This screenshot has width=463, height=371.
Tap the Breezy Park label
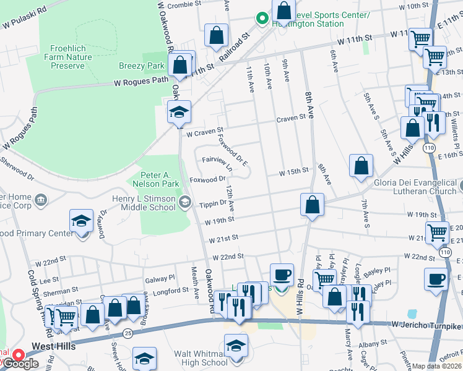pyautogui.click(x=142, y=66)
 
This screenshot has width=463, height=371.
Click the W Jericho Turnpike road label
pyautogui.click(x=426, y=325)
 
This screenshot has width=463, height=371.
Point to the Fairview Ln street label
pyautogui.click(x=216, y=163)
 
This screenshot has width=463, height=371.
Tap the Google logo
pyautogui.click(x=20, y=364)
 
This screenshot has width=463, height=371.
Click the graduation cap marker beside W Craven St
pyautogui.click(x=180, y=112)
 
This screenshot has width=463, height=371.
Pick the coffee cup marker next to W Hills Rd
pyautogui.click(x=282, y=274)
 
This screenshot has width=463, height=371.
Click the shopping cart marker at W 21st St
pyautogui.click(x=437, y=233)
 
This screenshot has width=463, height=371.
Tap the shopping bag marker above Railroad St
pyautogui.click(x=217, y=36)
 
